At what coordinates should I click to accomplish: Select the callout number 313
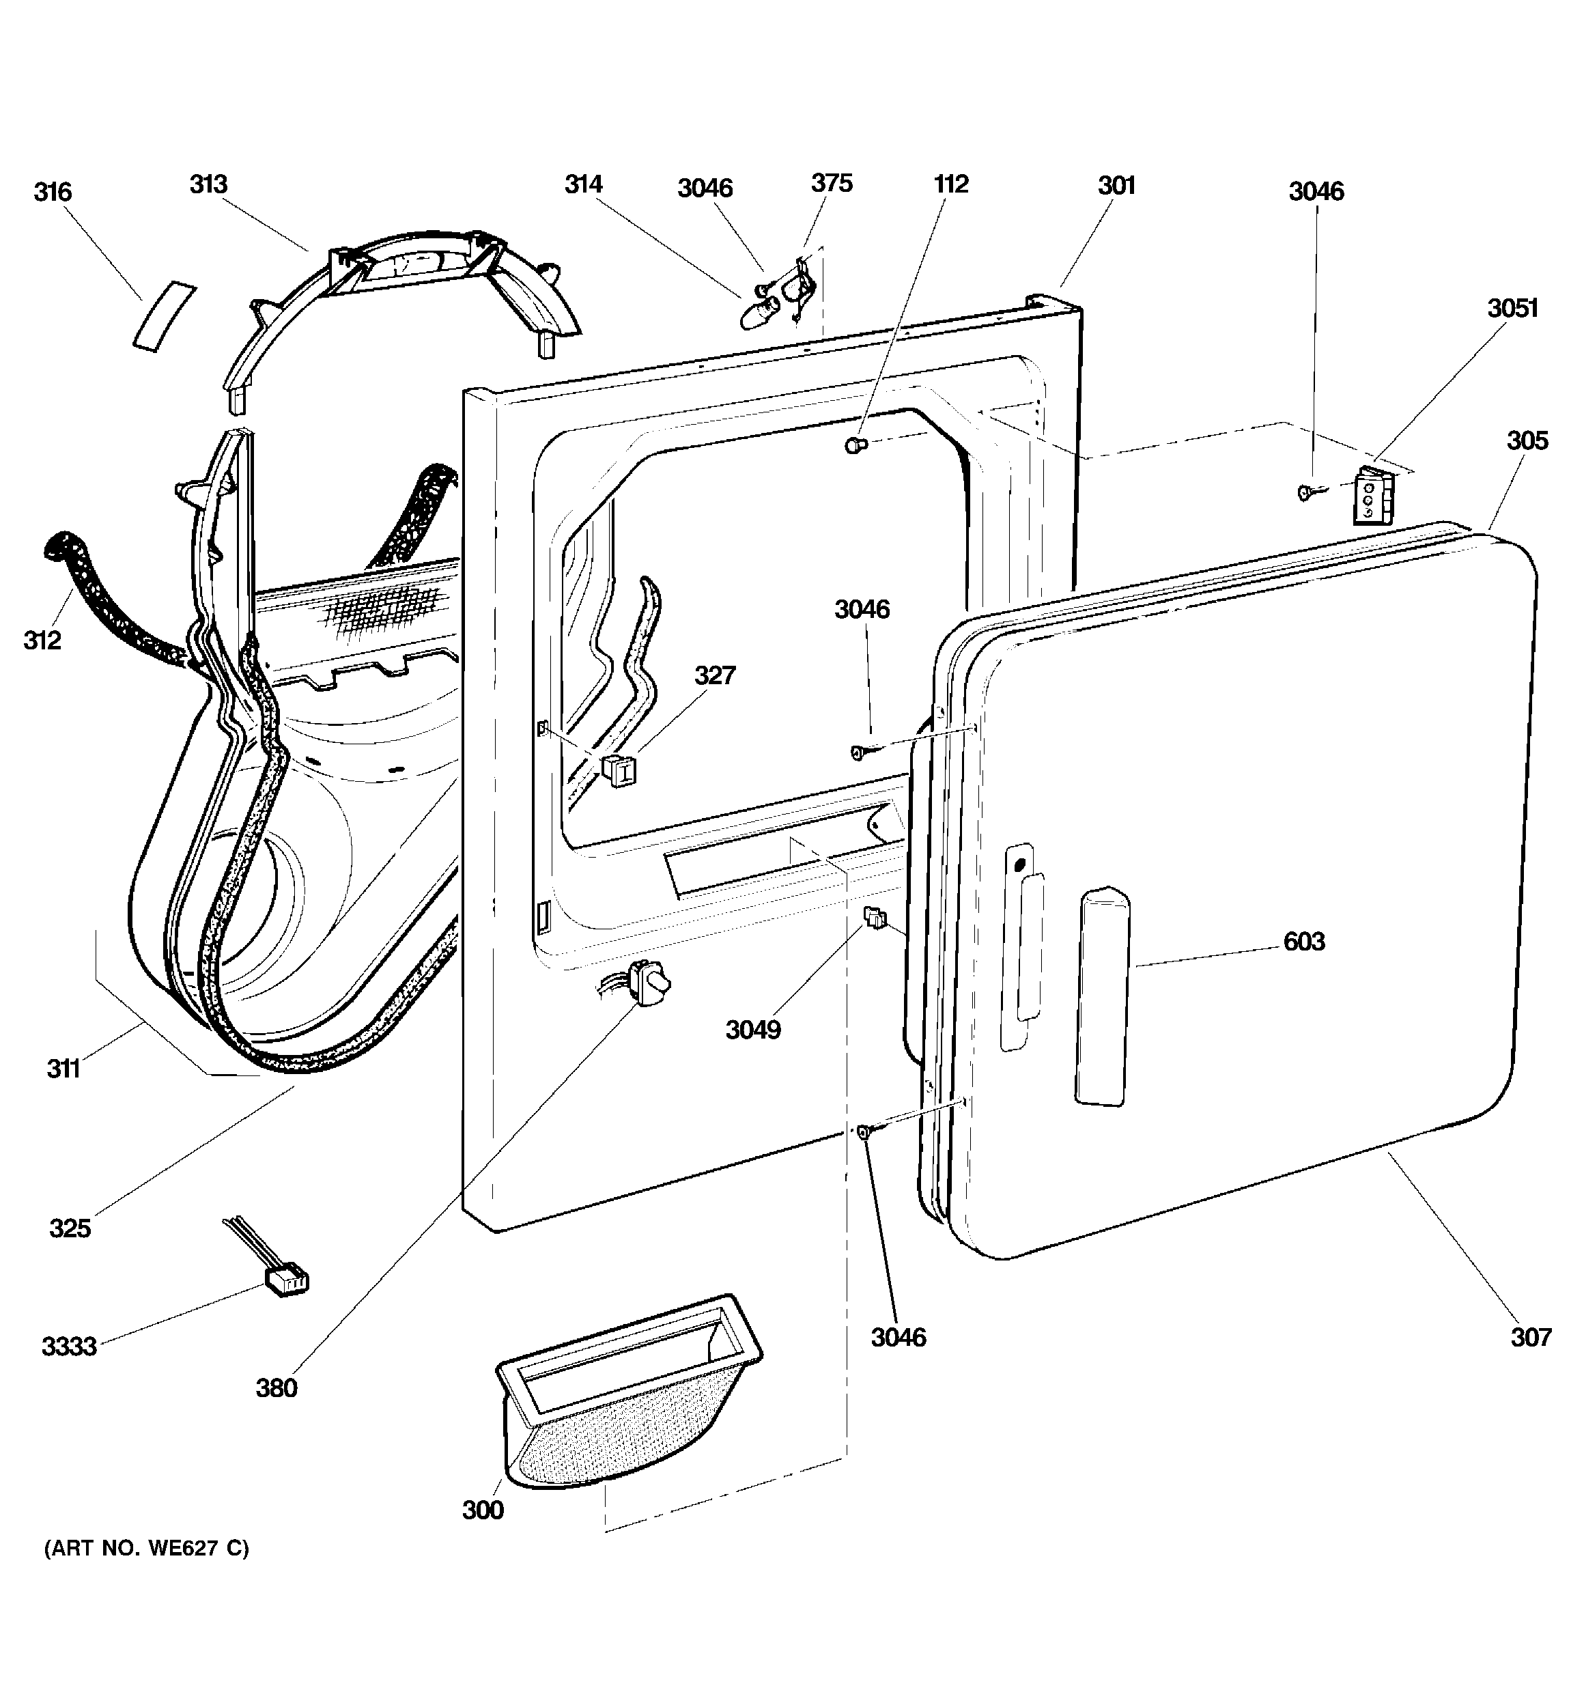208,184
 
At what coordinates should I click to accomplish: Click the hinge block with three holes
1372,496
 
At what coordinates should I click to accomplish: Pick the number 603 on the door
1304,941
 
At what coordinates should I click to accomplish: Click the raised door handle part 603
1103,996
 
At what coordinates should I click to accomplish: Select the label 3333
69,1347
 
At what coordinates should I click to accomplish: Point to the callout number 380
277,1388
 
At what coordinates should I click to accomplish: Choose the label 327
714,675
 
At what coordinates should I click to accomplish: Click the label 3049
753,1030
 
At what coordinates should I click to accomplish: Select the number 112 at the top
951,184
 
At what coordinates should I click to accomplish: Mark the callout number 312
42,639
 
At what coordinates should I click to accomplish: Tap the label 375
832,183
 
